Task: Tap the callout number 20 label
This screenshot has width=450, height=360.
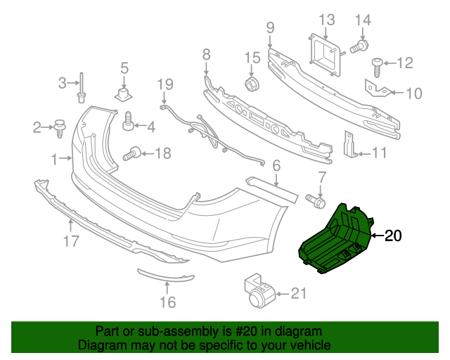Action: point(393,236)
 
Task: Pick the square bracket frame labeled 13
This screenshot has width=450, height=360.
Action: point(325,53)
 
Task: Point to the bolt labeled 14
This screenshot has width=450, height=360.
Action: point(358,47)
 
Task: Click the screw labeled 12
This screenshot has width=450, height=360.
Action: point(377,65)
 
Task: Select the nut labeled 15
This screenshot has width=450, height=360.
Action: point(252,85)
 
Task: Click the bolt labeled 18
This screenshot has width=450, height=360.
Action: point(134,151)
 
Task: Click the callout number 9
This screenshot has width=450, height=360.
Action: point(270,28)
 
